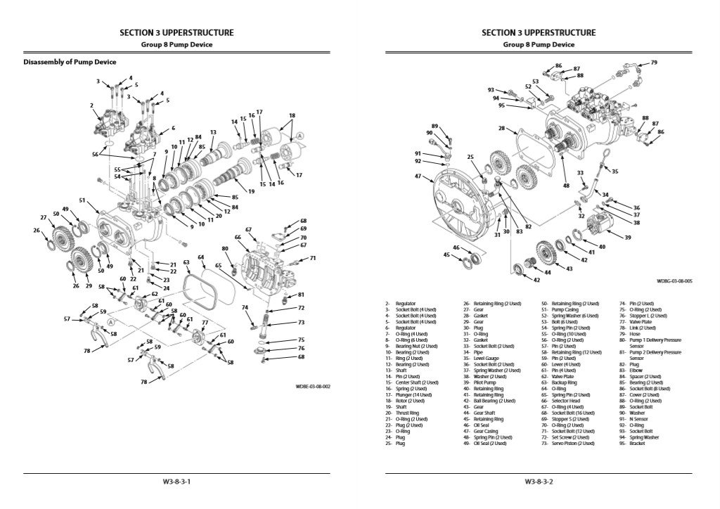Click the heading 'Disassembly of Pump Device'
tap(70, 62)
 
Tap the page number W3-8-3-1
tap(176, 482)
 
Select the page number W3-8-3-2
tap(539, 482)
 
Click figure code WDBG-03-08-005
tap(674, 281)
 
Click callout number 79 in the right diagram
tap(653, 63)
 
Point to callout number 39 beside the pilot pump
tap(628, 237)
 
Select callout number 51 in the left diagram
tap(82, 200)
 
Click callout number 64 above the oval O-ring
tap(201, 257)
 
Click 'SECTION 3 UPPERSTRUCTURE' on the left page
tap(176, 32)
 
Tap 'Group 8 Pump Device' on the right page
tap(539, 44)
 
